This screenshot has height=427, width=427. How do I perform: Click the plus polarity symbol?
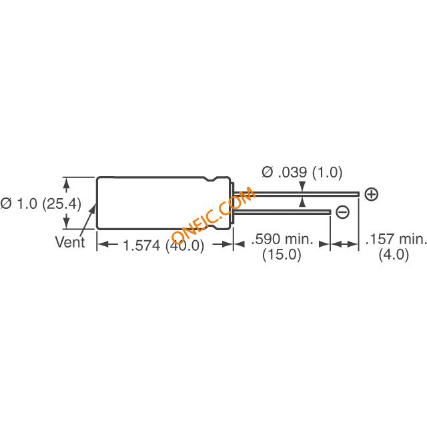(x=371, y=194)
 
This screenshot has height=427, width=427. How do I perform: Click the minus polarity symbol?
(x=342, y=212)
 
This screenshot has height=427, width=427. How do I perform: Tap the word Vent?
(x=69, y=242)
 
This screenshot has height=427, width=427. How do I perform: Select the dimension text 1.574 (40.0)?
(x=163, y=246)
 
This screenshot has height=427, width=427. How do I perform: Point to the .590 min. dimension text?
(x=282, y=239)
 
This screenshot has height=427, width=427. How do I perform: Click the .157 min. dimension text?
(x=396, y=239)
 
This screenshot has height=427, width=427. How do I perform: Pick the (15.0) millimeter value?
(x=282, y=255)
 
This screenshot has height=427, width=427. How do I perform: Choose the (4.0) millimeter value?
(x=394, y=255)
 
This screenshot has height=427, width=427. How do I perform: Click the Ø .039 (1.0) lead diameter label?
(x=302, y=172)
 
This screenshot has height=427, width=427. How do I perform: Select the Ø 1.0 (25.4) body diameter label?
(x=41, y=203)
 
